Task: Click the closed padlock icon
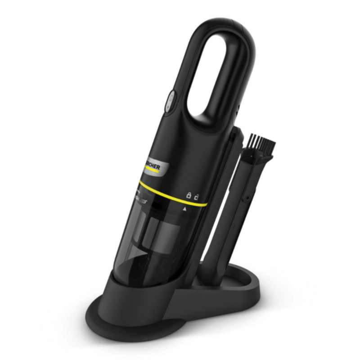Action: [189, 196]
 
